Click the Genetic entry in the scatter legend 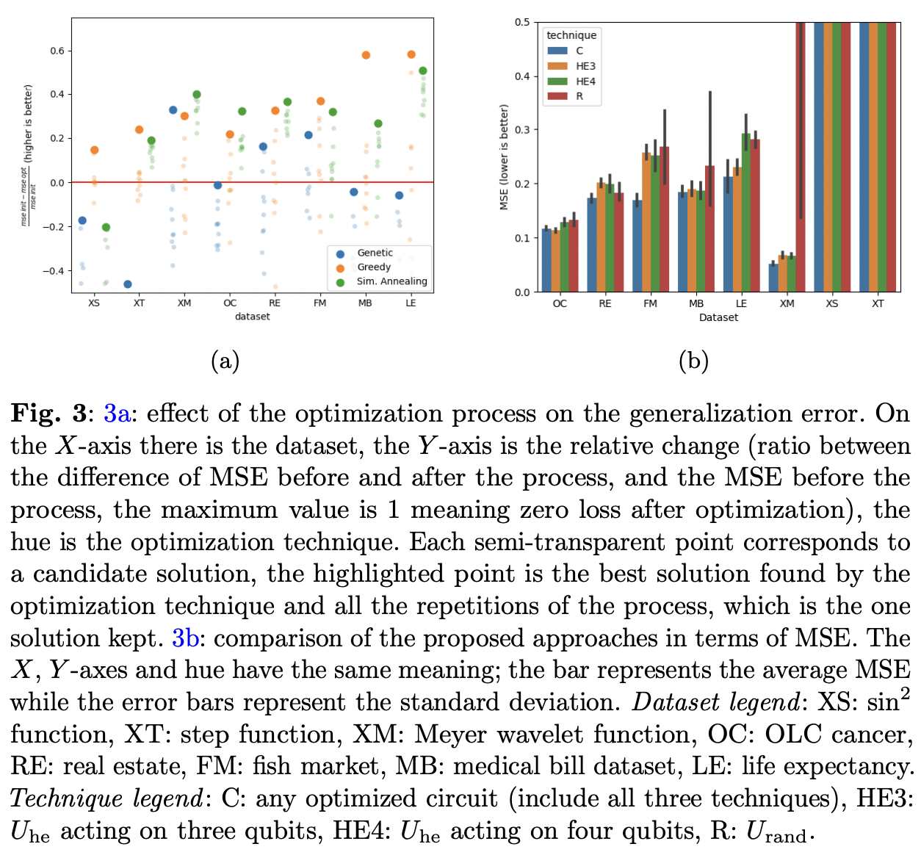375,253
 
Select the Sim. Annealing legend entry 391,281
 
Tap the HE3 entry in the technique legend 585,66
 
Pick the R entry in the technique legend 579,96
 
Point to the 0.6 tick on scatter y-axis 57,51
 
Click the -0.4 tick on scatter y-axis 54,271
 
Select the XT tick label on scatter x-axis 139,303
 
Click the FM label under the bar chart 650,303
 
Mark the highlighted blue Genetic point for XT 128,284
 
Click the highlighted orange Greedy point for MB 366,55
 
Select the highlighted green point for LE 423,71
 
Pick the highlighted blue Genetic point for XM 173,110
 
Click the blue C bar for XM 773,278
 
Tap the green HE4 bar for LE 746,213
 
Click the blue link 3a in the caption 117,414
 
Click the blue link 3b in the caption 185,638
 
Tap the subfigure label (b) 693,361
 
